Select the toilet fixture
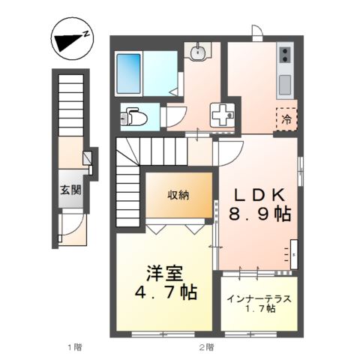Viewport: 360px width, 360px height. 135,116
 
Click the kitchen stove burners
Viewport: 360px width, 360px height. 285,55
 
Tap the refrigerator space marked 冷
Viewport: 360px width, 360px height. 286,118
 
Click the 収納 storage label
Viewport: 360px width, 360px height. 178,195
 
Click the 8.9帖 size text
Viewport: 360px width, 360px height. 259,214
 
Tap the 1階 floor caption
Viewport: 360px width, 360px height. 73,347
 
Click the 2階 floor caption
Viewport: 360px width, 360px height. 207,347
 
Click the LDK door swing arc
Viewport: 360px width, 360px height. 228,150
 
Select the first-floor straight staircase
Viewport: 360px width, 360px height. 70,105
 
